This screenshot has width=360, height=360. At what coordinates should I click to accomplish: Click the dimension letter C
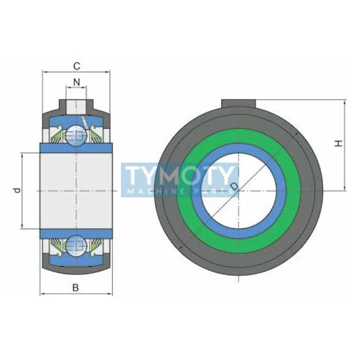(x=76, y=66)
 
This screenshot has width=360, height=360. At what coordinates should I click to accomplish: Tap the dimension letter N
(x=76, y=82)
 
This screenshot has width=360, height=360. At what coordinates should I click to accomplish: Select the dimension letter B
(x=76, y=288)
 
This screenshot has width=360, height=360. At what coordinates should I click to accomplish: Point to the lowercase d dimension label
(x=17, y=190)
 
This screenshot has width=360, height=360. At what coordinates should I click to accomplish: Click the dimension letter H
(x=339, y=144)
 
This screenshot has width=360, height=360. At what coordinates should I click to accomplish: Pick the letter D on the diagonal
(x=234, y=186)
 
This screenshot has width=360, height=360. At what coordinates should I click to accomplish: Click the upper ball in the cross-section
(x=76, y=136)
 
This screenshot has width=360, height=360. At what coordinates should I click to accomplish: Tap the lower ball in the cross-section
(x=76, y=246)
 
